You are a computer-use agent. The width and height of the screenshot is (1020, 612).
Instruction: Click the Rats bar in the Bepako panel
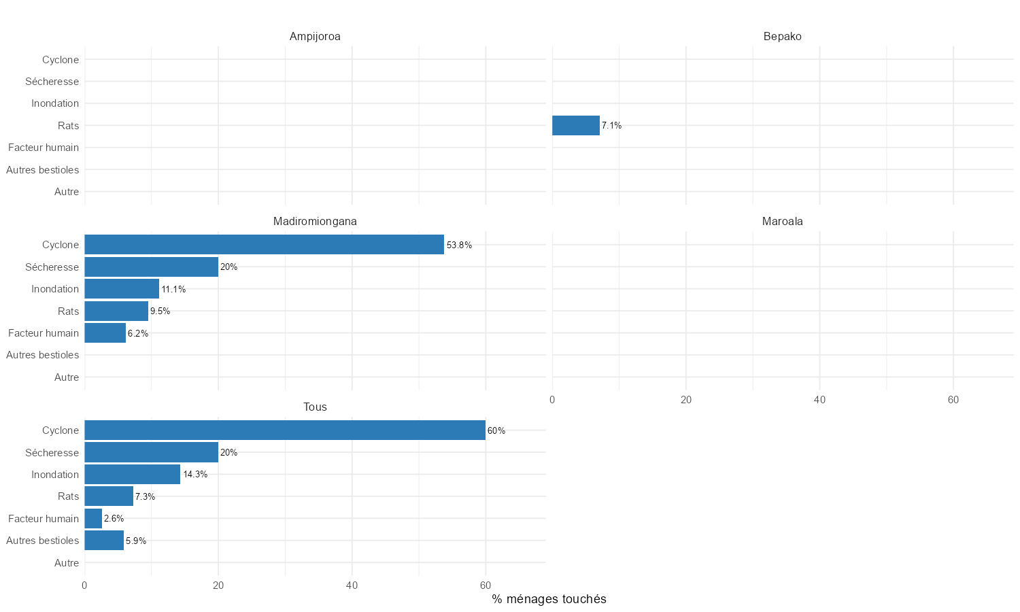[575, 126]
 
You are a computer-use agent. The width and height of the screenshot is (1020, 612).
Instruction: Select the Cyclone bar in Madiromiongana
[264, 245]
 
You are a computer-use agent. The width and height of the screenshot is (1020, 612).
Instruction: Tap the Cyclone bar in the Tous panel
[284, 430]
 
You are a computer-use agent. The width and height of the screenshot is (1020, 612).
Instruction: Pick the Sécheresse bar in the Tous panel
[151, 453]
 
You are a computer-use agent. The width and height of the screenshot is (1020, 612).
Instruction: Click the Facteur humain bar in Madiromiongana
[105, 333]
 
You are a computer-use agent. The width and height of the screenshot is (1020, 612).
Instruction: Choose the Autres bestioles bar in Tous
[104, 541]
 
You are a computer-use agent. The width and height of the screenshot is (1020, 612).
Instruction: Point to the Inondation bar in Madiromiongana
[122, 289]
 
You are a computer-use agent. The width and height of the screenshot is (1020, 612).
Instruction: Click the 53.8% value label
[459, 245]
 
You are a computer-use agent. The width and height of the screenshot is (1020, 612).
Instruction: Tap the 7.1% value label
[611, 126]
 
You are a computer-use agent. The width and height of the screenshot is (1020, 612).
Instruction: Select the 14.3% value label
[195, 475]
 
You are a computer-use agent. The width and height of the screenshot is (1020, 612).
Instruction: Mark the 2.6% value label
[114, 519]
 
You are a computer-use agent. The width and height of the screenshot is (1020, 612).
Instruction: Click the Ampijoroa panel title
[315, 37]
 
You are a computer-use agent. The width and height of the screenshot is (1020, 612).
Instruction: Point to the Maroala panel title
[782, 222]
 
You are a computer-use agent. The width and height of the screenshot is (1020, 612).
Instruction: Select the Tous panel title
[315, 407]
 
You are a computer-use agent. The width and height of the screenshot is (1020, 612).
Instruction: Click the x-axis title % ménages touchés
[549, 599]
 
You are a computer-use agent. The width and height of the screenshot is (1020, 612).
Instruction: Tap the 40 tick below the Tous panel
[352, 585]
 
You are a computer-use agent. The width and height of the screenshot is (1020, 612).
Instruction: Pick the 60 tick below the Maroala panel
[953, 400]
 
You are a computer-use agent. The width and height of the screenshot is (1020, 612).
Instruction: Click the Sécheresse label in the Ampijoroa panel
[52, 82]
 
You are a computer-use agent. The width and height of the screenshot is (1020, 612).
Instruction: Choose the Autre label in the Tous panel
[67, 563]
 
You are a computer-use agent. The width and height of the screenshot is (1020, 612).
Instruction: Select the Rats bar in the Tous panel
[109, 496]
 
